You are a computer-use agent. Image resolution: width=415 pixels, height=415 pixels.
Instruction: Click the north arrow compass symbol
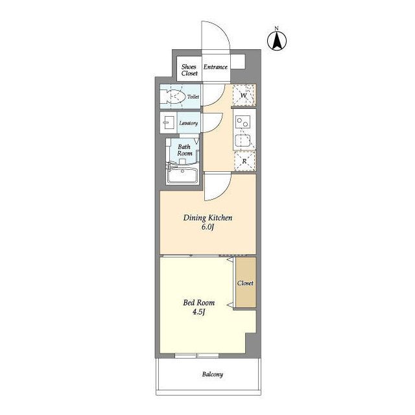point(277,41)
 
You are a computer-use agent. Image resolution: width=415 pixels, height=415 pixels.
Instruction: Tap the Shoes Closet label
point(189,70)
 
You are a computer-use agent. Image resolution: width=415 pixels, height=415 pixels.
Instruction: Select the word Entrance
point(215,67)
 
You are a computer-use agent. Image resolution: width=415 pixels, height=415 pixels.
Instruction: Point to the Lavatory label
point(189,123)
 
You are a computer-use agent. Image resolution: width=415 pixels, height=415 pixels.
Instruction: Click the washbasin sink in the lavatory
point(169,123)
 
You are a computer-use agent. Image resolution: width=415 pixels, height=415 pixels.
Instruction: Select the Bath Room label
point(184,150)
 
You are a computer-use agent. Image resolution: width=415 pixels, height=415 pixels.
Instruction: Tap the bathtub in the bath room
point(183,175)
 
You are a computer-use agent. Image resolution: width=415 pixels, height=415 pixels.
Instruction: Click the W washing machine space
point(244,95)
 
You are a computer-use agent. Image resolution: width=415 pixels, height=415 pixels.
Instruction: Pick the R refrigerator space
point(245,161)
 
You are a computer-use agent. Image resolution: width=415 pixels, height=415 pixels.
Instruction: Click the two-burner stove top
point(243,123)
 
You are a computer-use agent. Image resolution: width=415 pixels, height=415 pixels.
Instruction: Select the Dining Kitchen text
point(207,218)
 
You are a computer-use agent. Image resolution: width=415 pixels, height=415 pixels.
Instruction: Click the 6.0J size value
point(207,227)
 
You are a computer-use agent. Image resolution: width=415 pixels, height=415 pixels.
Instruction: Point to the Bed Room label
point(199,303)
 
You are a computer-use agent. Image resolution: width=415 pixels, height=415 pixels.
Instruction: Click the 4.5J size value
point(199,312)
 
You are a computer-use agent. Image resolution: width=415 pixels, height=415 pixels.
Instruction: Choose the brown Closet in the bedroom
point(246,283)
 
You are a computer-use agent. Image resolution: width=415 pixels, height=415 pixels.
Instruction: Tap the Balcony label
point(213,374)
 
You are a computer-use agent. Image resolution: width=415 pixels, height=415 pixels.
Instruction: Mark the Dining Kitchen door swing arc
point(224,191)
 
